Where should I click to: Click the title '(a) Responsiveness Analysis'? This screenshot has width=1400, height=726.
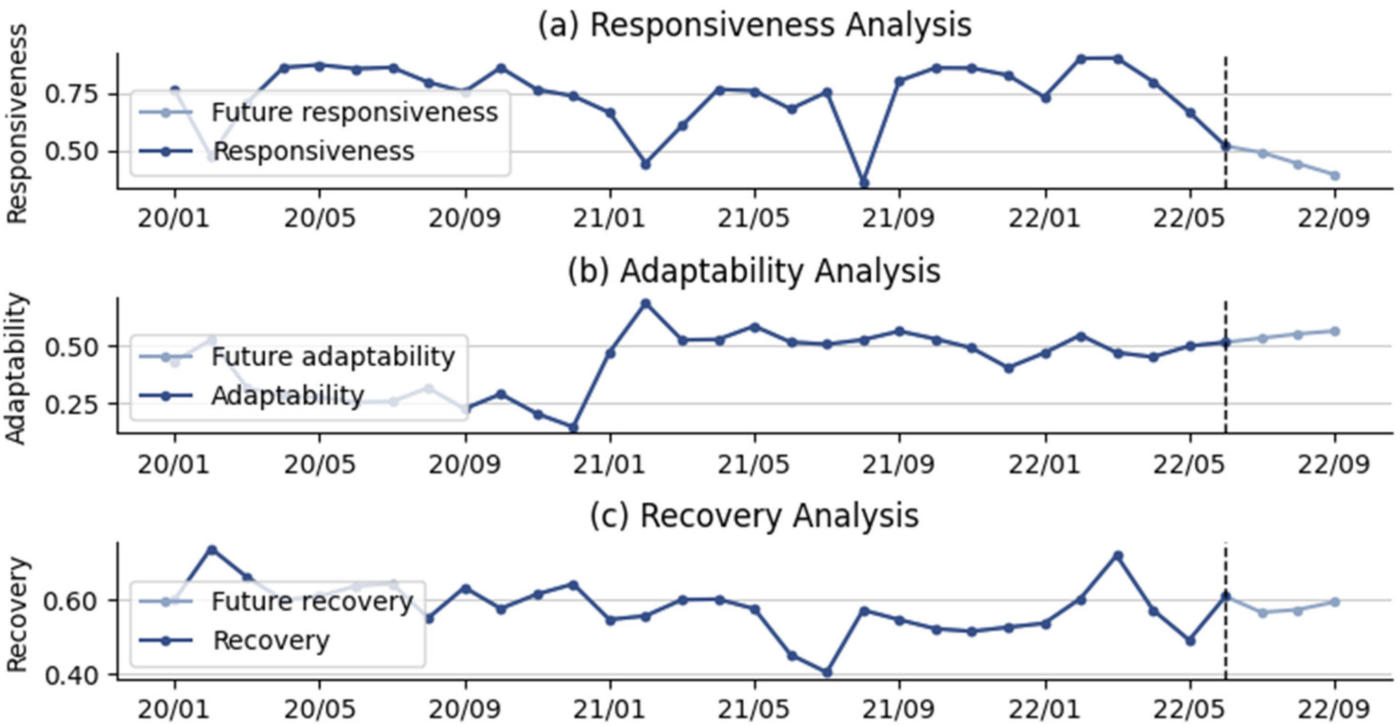coord(754,25)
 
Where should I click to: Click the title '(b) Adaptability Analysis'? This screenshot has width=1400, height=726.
coord(754,271)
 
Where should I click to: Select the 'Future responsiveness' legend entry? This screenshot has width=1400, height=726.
coord(354,113)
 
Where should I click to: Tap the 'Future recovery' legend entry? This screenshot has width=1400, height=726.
coord(312,601)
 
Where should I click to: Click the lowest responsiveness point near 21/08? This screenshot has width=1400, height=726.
coord(864,184)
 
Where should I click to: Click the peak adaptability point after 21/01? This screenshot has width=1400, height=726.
coord(646,303)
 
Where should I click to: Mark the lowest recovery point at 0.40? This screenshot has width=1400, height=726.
coord(827,673)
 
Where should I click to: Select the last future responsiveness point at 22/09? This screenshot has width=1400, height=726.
coord(1335,175)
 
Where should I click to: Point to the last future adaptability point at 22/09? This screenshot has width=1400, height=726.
coord(1335,331)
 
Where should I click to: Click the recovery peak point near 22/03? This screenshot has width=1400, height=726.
coord(1118,555)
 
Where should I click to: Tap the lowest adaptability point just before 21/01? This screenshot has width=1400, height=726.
coord(573,427)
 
